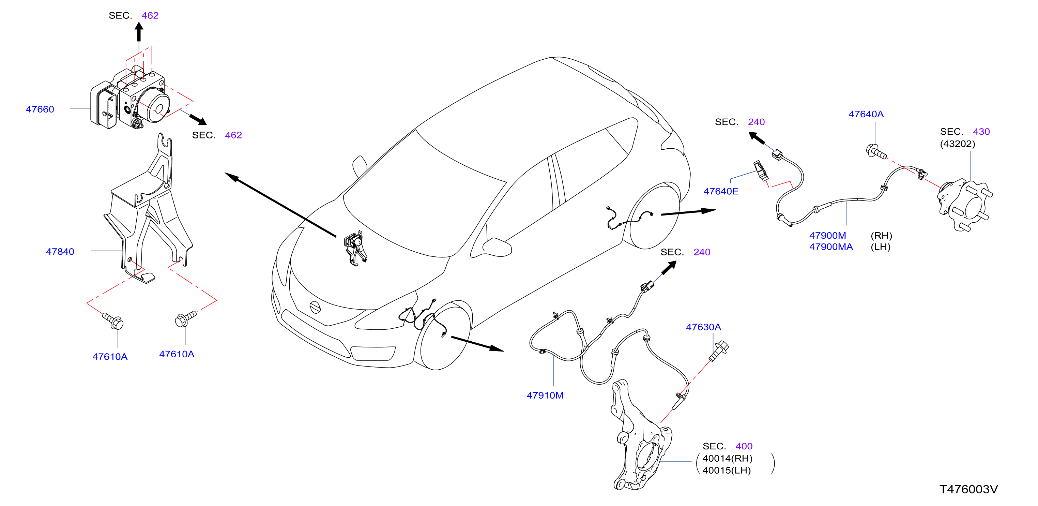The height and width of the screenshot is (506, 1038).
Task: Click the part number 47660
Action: pos(40,109)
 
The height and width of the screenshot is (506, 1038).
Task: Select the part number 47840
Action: pos(60,252)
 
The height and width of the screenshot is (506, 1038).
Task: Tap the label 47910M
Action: pos(545,396)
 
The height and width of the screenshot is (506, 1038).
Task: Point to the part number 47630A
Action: pos(704,327)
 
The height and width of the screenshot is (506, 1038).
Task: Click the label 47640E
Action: pos(721,192)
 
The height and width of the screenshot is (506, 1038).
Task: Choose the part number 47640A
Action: pos(866,114)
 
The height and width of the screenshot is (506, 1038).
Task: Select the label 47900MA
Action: pos(831,247)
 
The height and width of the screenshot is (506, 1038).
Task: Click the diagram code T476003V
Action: pos(969,489)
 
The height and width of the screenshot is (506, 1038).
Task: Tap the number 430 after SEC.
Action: pos(981,132)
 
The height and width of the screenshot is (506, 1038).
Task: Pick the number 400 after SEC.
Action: pos(744,446)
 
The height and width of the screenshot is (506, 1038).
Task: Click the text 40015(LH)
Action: pos(727,471)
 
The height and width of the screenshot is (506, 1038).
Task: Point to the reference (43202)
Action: pos(958,144)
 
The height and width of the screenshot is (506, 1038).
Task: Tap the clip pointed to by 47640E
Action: pos(760,170)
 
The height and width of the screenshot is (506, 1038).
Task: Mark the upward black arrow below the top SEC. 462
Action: pos(139,31)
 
